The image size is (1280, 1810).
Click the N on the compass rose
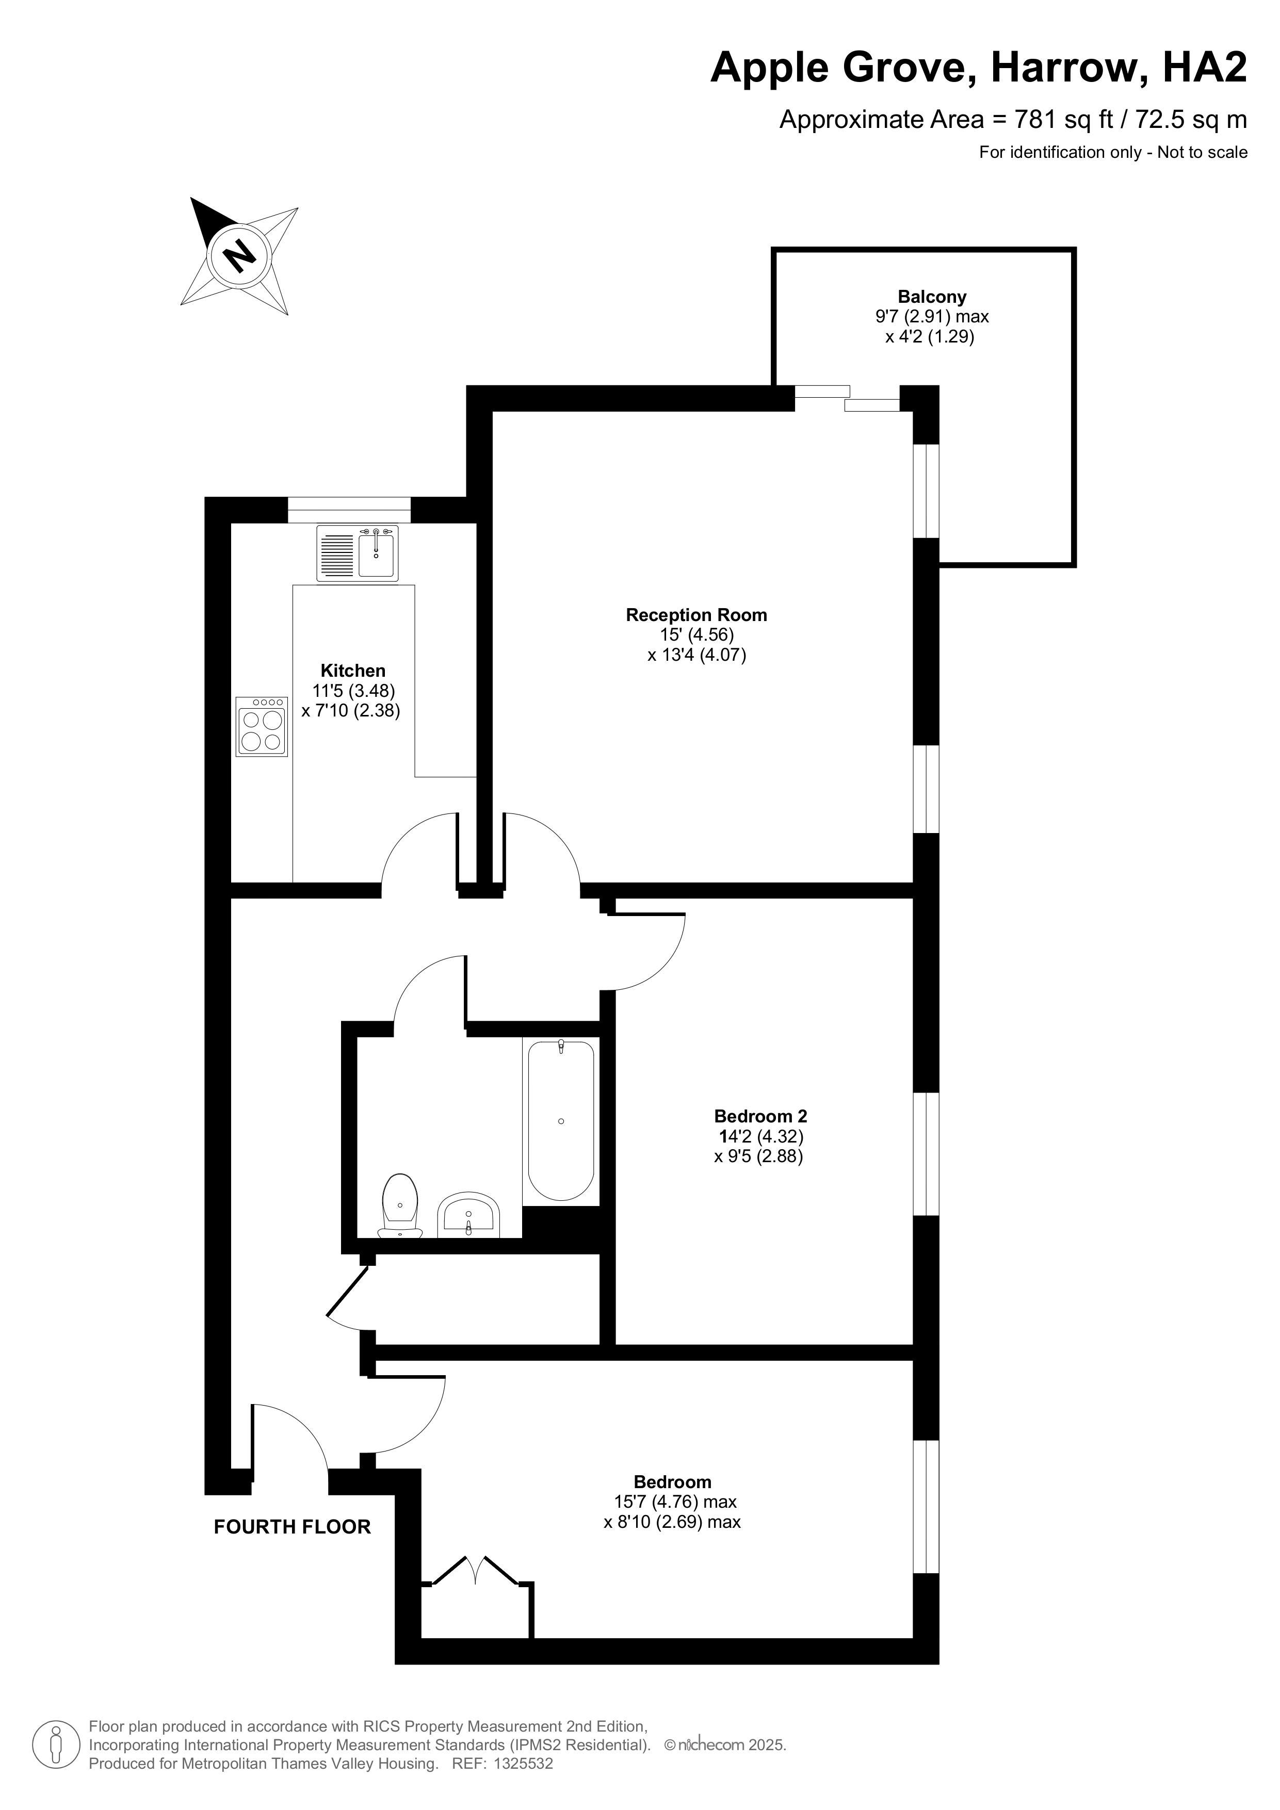tap(240, 255)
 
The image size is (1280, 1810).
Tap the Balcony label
tap(932, 297)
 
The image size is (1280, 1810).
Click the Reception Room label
tap(696, 615)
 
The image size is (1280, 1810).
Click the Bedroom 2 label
tap(760, 1116)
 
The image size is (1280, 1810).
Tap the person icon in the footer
tap(56, 1744)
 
